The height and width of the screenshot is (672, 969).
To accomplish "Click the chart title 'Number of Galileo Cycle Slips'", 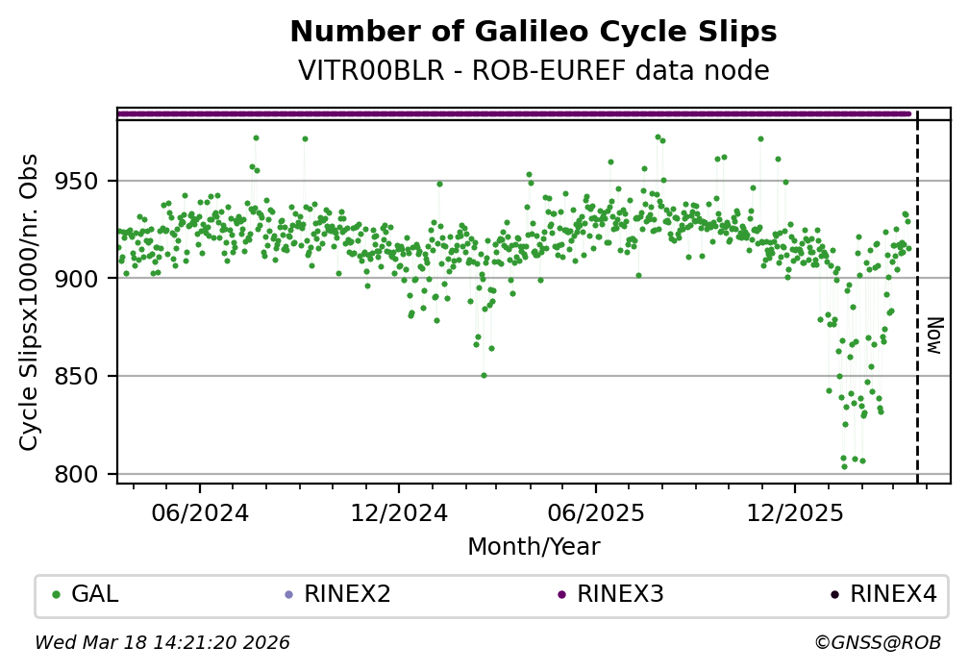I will (533, 33).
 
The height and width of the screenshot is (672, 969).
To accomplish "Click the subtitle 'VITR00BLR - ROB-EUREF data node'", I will (533, 71).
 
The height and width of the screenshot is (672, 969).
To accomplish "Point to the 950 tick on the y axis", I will (87, 182).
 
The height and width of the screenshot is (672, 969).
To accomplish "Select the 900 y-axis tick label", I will (87, 279).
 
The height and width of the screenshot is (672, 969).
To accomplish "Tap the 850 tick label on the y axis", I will (87, 377).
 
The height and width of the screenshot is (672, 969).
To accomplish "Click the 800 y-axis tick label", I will (87, 475).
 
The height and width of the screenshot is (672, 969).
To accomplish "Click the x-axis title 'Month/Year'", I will (534, 547).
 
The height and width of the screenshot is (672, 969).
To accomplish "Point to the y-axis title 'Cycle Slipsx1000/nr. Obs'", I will (30, 302).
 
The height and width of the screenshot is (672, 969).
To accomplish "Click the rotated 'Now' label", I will (934, 336).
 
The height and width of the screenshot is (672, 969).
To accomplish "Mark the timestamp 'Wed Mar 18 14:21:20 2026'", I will (162, 642).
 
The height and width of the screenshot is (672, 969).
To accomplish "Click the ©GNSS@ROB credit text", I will (878, 642).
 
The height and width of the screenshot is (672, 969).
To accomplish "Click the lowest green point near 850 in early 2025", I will (484, 375).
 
